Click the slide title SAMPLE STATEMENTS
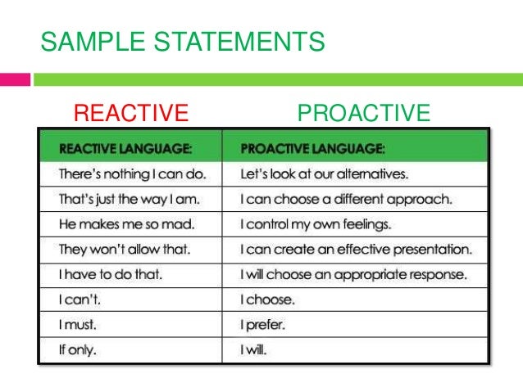[183, 41]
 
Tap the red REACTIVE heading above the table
[132, 112]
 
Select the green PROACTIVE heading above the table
[363, 112]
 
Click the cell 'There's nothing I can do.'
[128, 175]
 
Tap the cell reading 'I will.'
[255, 350]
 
